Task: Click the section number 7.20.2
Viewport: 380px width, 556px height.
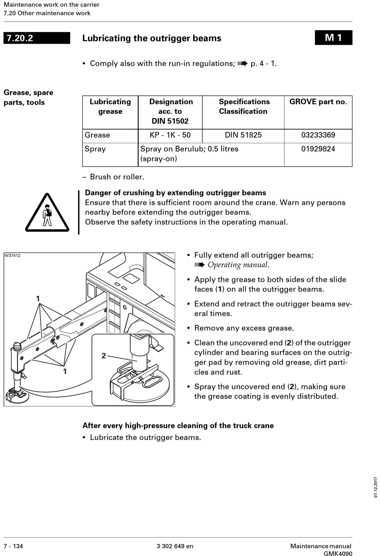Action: [x=20, y=38]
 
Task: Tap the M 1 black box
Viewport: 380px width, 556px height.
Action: [x=333, y=38]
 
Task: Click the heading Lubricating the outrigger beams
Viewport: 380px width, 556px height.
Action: [x=152, y=38]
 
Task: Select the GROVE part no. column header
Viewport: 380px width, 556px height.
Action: [x=318, y=102]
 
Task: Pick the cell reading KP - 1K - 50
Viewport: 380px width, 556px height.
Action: [x=170, y=135]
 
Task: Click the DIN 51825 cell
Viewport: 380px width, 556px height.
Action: [x=243, y=135]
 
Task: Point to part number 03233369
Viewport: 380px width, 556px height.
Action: [x=318, y=135]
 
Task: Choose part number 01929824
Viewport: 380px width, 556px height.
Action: [x=318, y=149]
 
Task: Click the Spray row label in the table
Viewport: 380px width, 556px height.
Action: [x=95, y=149]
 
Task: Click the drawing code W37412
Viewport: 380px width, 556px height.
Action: [x=12, y=255]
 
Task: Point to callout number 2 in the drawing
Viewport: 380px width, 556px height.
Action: [x=104, y=355]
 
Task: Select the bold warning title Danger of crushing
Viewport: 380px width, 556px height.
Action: [x=175, y=193]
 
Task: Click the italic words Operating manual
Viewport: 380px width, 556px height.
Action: [x=238, y=265]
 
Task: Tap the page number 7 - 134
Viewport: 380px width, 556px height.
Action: [x=14, y=546]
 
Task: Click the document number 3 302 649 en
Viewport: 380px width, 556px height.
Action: [x=175, y=546]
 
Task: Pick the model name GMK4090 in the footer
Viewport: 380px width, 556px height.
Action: [x=338, y=554]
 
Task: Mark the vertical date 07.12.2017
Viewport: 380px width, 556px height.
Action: [x=376, y=487]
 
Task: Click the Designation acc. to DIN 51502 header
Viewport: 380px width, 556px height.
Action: [x=170, y=111]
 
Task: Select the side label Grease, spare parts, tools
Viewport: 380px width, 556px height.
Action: [x=28, y=97]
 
